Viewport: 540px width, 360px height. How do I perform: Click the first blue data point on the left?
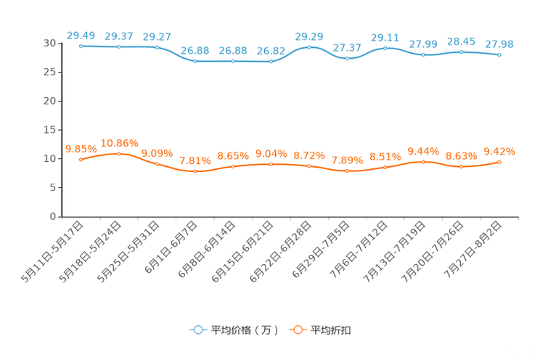[x=81, y=46]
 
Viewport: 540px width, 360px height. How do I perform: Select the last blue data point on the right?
[x=499, y=54]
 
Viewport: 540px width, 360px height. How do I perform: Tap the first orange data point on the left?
[x=81, y=159]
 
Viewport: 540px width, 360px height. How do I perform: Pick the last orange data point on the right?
[x=499, y=161]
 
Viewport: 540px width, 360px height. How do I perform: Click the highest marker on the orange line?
[x=119, y=153]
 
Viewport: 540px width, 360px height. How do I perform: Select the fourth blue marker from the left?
[x=195, y=62]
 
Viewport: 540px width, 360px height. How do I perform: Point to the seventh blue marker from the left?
[x=309, y=47]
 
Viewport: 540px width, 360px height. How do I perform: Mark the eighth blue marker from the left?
[x=348, y=58]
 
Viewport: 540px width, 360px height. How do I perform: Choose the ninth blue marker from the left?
[x=385, y=48]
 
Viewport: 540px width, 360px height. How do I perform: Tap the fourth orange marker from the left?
[x=195, y=171]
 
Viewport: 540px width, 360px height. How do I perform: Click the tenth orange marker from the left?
[x=424, y=161]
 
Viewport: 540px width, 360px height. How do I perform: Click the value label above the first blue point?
[x=81, y=34]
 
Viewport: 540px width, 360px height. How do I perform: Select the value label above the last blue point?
[x=499, y=44]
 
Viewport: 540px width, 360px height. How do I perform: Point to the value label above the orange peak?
[x=119, y=142]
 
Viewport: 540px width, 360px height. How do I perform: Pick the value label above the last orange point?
[x=499, y=150]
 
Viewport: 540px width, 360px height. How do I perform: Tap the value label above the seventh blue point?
[x=309, y=35]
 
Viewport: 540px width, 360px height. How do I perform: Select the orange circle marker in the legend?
[x=297, y=330]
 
